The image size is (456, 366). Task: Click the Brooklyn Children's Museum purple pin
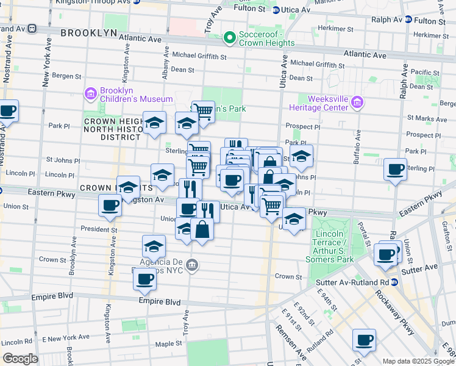(x=91, y=94)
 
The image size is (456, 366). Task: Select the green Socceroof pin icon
(x=230, y=38)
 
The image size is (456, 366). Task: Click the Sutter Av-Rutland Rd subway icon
(x=394, y=282)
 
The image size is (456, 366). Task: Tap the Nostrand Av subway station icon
(x=31, y=29)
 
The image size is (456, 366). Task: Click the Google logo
(x=20, y=358)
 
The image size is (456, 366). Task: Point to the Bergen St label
(x=69, y=76)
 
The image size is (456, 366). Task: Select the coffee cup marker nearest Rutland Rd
(x=364, y=340)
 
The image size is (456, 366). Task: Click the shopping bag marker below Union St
(x=202, y=230)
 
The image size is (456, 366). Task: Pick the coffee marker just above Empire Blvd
(x=144, y=279)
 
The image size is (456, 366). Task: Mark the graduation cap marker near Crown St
(x=154, y=246)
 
